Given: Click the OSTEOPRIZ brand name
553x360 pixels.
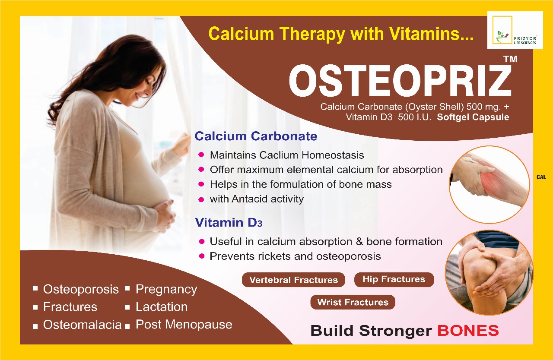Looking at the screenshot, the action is pyautogui.click(x=400, y=81).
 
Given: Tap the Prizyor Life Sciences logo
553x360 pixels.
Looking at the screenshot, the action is pyautogui.click(x=515, y=30).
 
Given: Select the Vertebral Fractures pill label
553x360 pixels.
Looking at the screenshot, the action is pyautogui.click(x=293, y=280).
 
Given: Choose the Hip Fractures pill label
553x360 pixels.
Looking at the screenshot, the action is pyautogui.click(x=394, y=279).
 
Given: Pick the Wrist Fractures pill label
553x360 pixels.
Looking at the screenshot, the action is pyautogui.click(x=353, y=302).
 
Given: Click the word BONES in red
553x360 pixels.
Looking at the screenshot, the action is pyautogui.click(x=468, y=331).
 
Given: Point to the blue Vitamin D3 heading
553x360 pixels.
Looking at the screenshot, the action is pyautogui.click(x=229, y=222).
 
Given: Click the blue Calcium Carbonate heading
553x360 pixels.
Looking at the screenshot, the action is pyautogui.click(x=256, y=136).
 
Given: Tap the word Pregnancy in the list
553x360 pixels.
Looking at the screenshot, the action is pyautogui.click(x=166, y=290).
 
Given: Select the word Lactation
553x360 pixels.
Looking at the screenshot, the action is pyautogui.click(x=162, y=307).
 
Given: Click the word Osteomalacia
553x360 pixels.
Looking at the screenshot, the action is pyautogui.click(x=83, y=325).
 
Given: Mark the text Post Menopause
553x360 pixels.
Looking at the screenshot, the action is pyautogui.click(x=184, y=325).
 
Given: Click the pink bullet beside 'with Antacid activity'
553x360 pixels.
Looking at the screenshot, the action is pyautogui.click(x=201, y=199).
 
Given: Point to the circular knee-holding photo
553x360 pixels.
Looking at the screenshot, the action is pyautogui.click(x=489, y=273).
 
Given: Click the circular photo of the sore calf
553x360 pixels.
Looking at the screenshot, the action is pyautogui.click(x=489, y=185).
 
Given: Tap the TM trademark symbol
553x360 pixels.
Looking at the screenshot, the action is pyautogui.click(x=510, y=59).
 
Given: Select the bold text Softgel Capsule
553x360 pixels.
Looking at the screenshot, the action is pyautogui.click(x=473, y=117).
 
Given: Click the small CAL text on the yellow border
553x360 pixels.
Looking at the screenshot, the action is pyautogui.click(x=541, y=177).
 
